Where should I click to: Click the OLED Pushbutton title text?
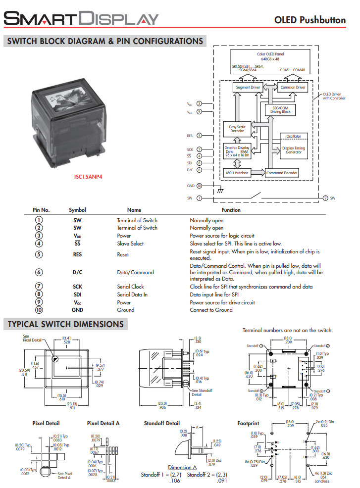309,20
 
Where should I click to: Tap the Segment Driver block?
248,88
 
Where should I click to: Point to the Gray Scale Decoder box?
237,129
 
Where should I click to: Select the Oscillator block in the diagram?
294,137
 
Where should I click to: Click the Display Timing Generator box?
294,150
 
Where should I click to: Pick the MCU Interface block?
238,173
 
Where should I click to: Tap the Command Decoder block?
282,173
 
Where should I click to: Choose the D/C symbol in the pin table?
77,272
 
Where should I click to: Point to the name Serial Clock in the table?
130,287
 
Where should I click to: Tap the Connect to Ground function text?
211,310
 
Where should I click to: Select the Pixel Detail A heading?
103,423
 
